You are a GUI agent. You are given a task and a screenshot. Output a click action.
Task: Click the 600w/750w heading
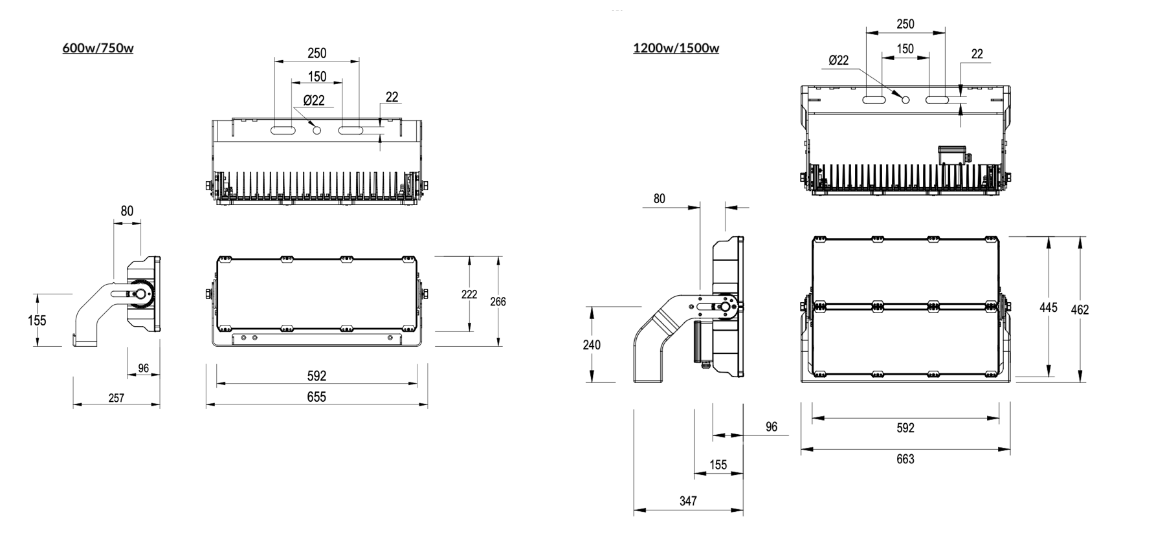pos(98,48)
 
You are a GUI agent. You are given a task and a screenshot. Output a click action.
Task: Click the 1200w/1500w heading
pos(676,48)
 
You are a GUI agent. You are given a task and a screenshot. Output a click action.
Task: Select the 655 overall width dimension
pos(316,397)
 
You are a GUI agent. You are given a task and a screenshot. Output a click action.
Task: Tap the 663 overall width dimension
pos(905,459)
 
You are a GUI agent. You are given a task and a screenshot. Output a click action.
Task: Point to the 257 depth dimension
pos(116,398)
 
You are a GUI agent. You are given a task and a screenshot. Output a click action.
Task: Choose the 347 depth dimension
pos(688,501)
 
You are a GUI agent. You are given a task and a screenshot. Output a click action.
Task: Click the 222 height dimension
pos(469,294)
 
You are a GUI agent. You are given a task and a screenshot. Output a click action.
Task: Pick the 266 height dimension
pos(498,302)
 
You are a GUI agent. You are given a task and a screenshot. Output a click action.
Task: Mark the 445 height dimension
pos(1048,307)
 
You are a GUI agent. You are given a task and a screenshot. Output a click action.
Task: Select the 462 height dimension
pos(1080,310)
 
